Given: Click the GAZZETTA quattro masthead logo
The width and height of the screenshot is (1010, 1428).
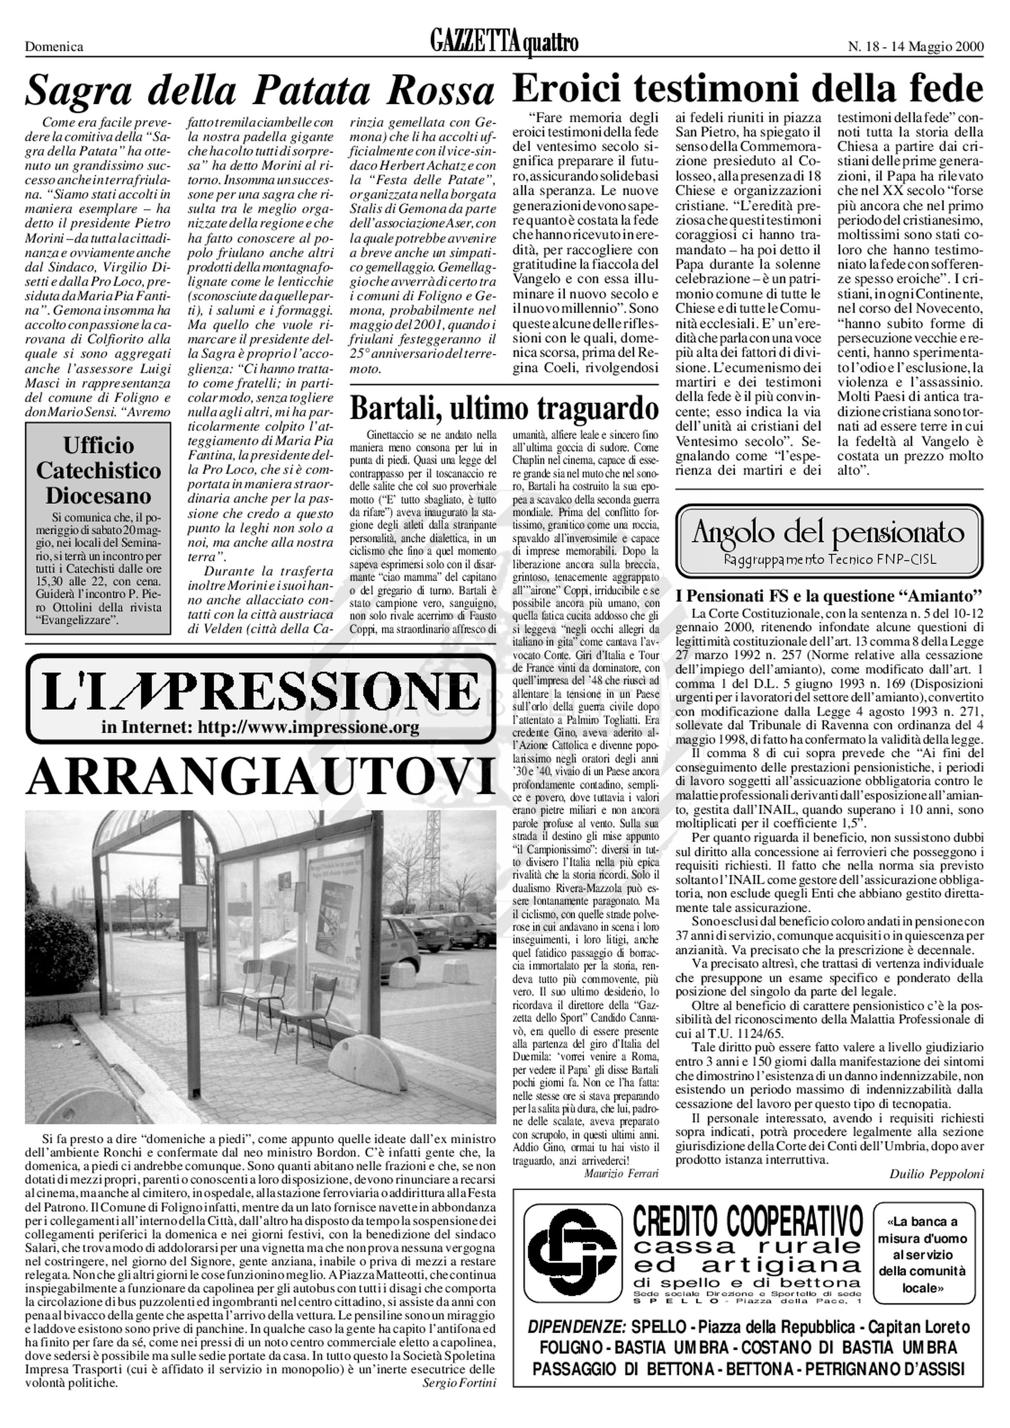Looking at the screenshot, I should click(504, 44).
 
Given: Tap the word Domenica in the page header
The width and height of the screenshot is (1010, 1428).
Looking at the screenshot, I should click(54, 46).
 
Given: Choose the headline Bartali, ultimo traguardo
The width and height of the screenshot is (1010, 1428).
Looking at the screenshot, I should click(504, 409).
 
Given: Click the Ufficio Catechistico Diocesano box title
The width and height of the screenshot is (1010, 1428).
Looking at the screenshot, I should click(98, 471).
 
